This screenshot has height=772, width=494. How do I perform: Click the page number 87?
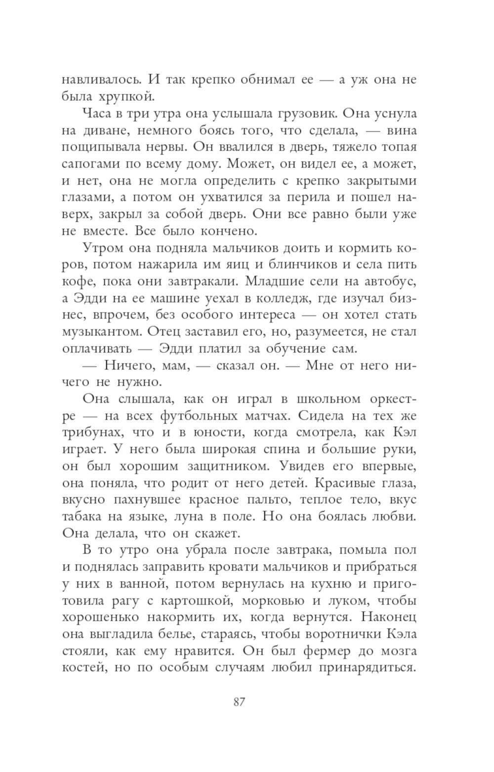[x=239, y=702]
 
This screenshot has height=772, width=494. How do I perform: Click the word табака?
[x=81, y=517]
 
